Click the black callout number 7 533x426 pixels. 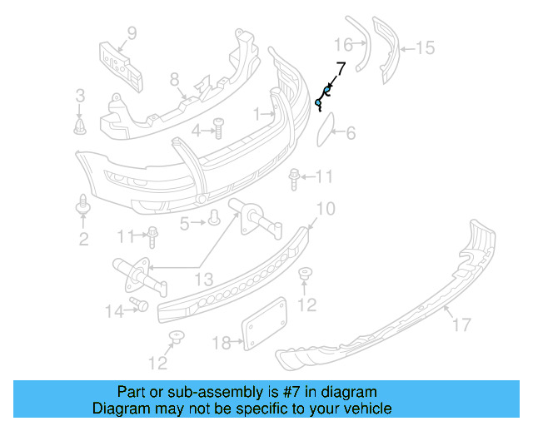pyautogui.click(x=340, y=69)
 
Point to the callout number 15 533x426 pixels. pyautogui.click(x=425, y=48)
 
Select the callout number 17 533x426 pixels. pyautogui.click(x=461, y=325)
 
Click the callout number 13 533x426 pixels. pyautogui.click(x=204, y=278)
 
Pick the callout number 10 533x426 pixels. pyautogui.click(x=325, y=208)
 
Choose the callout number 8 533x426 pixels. pyautogui.click(x=174, y=80)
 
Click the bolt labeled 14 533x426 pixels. pyautogui.click(x=140, y=305)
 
